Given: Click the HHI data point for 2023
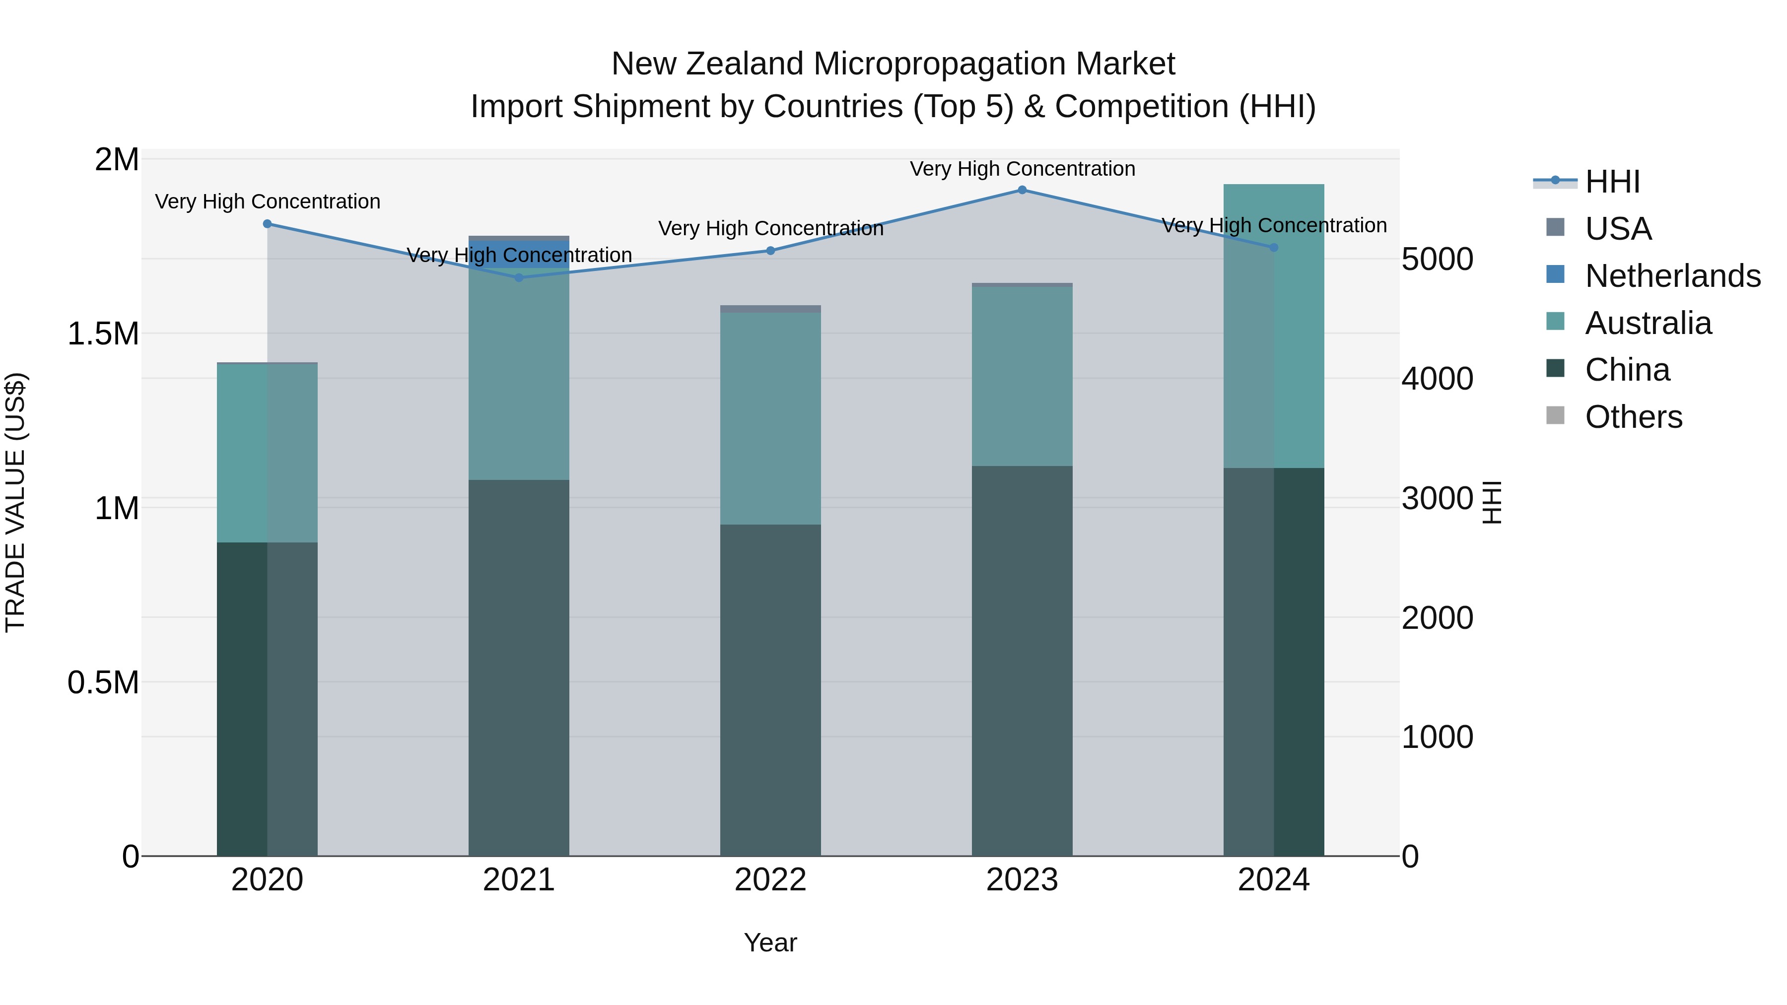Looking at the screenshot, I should (x=1022, y=190).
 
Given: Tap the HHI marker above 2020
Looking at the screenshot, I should (x=267, y=224).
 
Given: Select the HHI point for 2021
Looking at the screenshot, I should (x=519, y=277).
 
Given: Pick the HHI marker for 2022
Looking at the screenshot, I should (x=770, y=251).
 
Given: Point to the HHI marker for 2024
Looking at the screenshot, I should (x=1274, y=248).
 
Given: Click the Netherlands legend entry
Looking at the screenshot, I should (x=1672, y=276).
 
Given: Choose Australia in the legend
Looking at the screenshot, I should (x=1648, y=323).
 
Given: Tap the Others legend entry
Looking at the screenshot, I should (x=1634, y=417).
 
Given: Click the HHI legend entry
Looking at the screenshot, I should (x=1612, y=182).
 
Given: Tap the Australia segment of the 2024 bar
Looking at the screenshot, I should (x=1274, y=326).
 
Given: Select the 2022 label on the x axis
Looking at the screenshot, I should (x=770, y=880).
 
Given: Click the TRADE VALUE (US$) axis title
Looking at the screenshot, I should (x=15, y=502).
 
